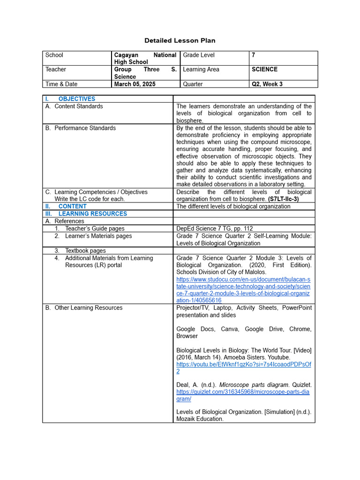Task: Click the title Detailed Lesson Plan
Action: click(x=180, y=41)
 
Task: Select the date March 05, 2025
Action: click(x=135, y=84)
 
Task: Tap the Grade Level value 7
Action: click(x=254, y=55)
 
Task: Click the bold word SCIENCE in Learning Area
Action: click(x=264, y=69)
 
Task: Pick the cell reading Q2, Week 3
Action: click(x=267, y=84)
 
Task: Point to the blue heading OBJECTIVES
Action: click(x=76, y=99)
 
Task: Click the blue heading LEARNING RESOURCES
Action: click(x=92, y=214)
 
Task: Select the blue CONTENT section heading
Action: click(x=72, y=206)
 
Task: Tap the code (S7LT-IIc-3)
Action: click(x=284, y=199)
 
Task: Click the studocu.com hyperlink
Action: click(x=243, y=286)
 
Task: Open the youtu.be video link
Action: click(x=243, y=364)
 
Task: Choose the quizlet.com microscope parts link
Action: click(x=243, y=392)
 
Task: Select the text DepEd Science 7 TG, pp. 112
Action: click(x=214, y=229)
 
